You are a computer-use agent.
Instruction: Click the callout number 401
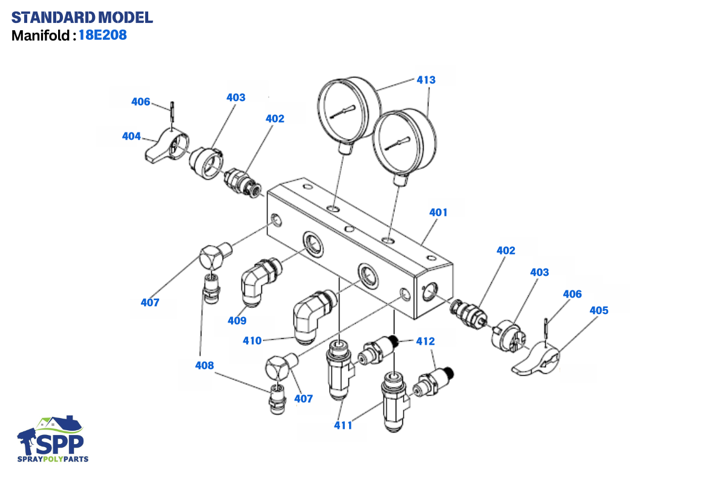pyautogui.click(x=439, y=212)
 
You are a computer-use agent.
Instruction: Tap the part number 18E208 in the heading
pyautogui.click(x=102, y=35)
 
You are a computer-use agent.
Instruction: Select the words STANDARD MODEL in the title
pyautogui.click(x=82, y=17)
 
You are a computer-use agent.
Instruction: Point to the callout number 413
pyautogui.click(x=426, y=80)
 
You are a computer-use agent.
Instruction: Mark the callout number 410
pyautogui.click(x=252, y=341)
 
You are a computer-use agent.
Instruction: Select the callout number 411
pyautogui.click(x=343, y=425)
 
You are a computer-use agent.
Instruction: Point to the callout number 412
pyautogui.click(x=425, y=341)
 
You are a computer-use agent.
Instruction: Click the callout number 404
pyautogui.click(x=131, y=136)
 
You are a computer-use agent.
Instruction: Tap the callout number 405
pyautogui.click(x=599, y=310)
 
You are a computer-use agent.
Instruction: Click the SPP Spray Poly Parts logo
pyautogui.click(x=53, y=439)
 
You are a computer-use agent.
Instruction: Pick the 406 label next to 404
pyautogui.click(x=141, y=102)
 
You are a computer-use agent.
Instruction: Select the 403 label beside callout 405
pyautogui.click(x=540, y=272)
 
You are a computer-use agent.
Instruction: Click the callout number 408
pyautogui.click(x=204, y=365)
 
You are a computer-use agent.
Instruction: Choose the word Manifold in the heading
pyautogui.click(x=41, y=35)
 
